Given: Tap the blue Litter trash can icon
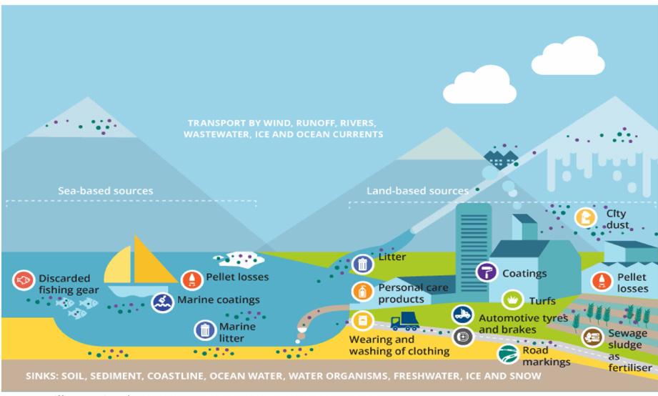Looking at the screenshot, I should point(363,264).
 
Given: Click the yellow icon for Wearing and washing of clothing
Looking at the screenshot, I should point(363,320).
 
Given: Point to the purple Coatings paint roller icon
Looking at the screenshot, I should point(487,272).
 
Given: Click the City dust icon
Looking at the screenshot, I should point(587,217).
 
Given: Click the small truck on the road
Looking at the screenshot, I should point(404,321).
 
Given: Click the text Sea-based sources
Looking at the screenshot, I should point(105,191).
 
